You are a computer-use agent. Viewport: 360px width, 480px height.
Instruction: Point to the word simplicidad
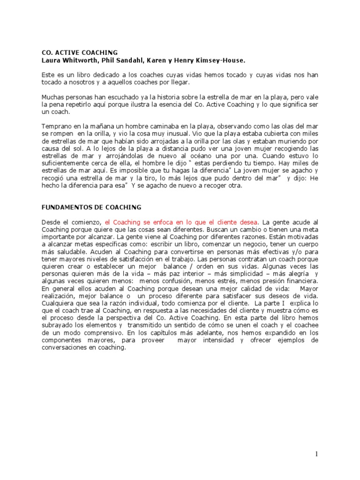232,273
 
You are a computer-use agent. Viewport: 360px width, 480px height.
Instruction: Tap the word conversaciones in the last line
65,347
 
